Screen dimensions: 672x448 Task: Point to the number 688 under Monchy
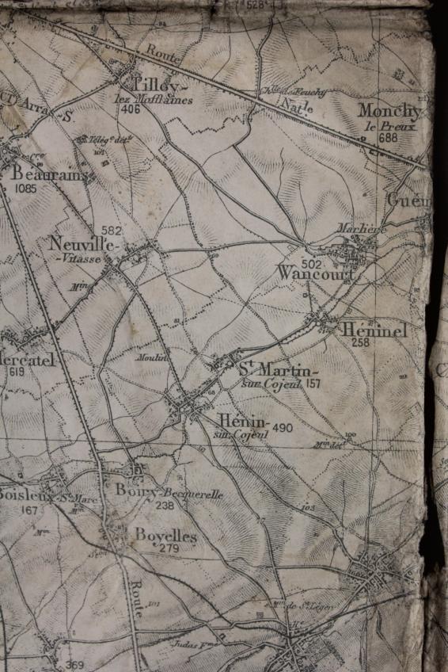(x=388, y=136)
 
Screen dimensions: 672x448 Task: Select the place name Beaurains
(x=49, y=175)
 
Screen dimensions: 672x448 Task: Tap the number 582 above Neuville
(x=112, y=230)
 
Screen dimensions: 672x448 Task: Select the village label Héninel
(x=376, y=330)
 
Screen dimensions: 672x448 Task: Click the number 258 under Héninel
(x=361, y=343)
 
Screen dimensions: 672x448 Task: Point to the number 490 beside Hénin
(x=283, y=428)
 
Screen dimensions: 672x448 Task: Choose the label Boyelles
(x=165, y=536)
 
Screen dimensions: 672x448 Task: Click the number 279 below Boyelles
(x=169, y=548)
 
